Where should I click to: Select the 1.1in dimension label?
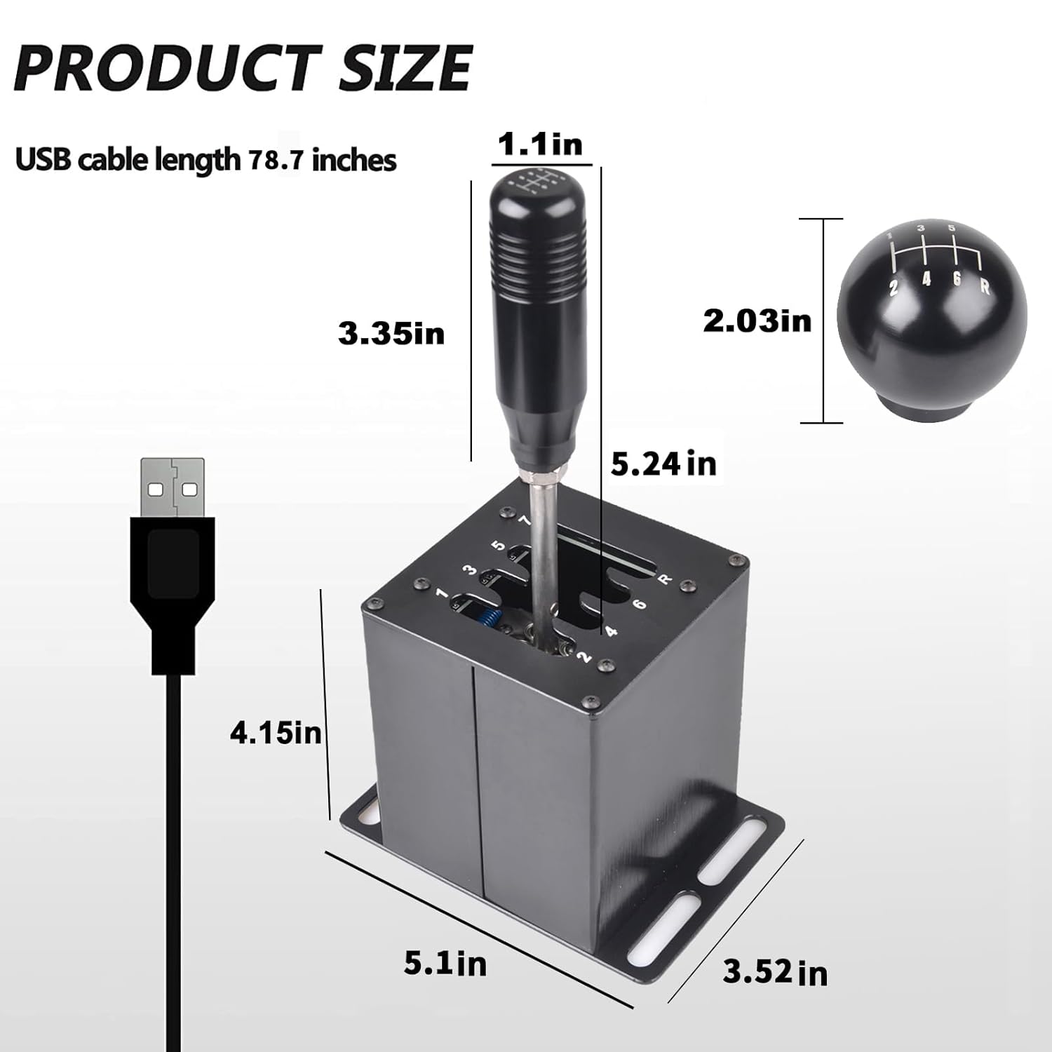point(539,144)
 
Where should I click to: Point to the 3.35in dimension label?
point(391,333)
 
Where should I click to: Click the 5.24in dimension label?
point(663,464)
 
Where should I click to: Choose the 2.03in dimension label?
point(757,321)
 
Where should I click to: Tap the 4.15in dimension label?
point(276,734)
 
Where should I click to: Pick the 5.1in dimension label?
point(445,964)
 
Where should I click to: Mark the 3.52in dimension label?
point(775,973)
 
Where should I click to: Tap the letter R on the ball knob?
point(984,288)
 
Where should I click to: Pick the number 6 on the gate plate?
point(638,603)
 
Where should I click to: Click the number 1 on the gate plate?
point(441,594)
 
